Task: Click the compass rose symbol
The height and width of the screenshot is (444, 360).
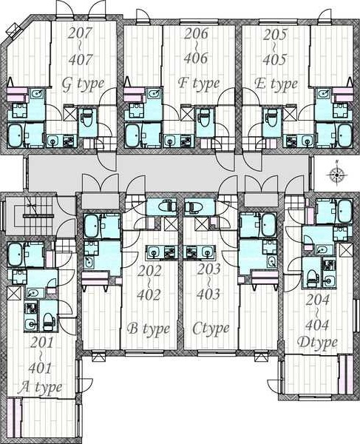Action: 337,174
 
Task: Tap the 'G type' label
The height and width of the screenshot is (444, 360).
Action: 83,84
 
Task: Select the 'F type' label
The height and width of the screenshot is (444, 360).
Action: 199,83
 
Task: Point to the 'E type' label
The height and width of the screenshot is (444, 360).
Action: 276,84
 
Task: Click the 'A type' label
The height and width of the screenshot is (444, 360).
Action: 40,388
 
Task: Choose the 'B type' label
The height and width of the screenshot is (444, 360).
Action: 149,329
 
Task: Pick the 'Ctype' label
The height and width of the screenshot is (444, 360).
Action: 211,329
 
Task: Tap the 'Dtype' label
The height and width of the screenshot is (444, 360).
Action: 317,343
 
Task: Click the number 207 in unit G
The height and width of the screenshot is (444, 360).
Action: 81,33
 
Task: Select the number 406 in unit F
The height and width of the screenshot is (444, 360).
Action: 196,58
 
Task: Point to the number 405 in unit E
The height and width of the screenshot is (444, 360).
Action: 274,59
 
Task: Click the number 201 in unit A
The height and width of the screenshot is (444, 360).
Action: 41,343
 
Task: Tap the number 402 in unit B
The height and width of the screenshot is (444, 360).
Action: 149,295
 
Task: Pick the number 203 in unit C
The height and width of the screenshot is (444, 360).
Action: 208,269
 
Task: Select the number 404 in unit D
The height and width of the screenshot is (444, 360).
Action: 317,326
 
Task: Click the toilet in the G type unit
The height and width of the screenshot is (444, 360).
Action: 87,118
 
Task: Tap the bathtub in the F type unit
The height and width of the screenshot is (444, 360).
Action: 134,135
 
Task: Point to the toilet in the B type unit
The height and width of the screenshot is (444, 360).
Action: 167,206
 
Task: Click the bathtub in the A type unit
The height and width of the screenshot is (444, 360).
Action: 16,255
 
